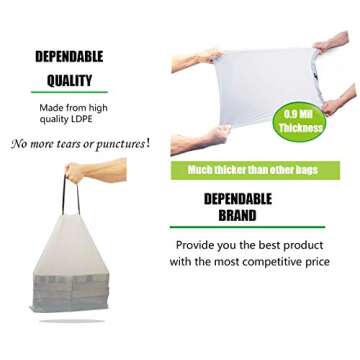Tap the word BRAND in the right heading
click(237, 215)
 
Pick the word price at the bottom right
click(328, 262)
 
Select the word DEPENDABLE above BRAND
click(238, 198)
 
